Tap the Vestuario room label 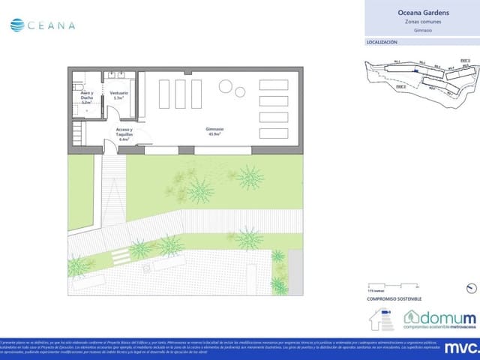pyautogui.click(x=120, y=93)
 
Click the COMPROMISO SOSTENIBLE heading pyautogui.click(x=389, y=299)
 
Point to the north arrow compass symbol pyautogui.click(x=470, y=287)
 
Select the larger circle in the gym pyautogui.click(x=225, y=86)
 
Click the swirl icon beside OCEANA pyautogui.click(x=16, y=25)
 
